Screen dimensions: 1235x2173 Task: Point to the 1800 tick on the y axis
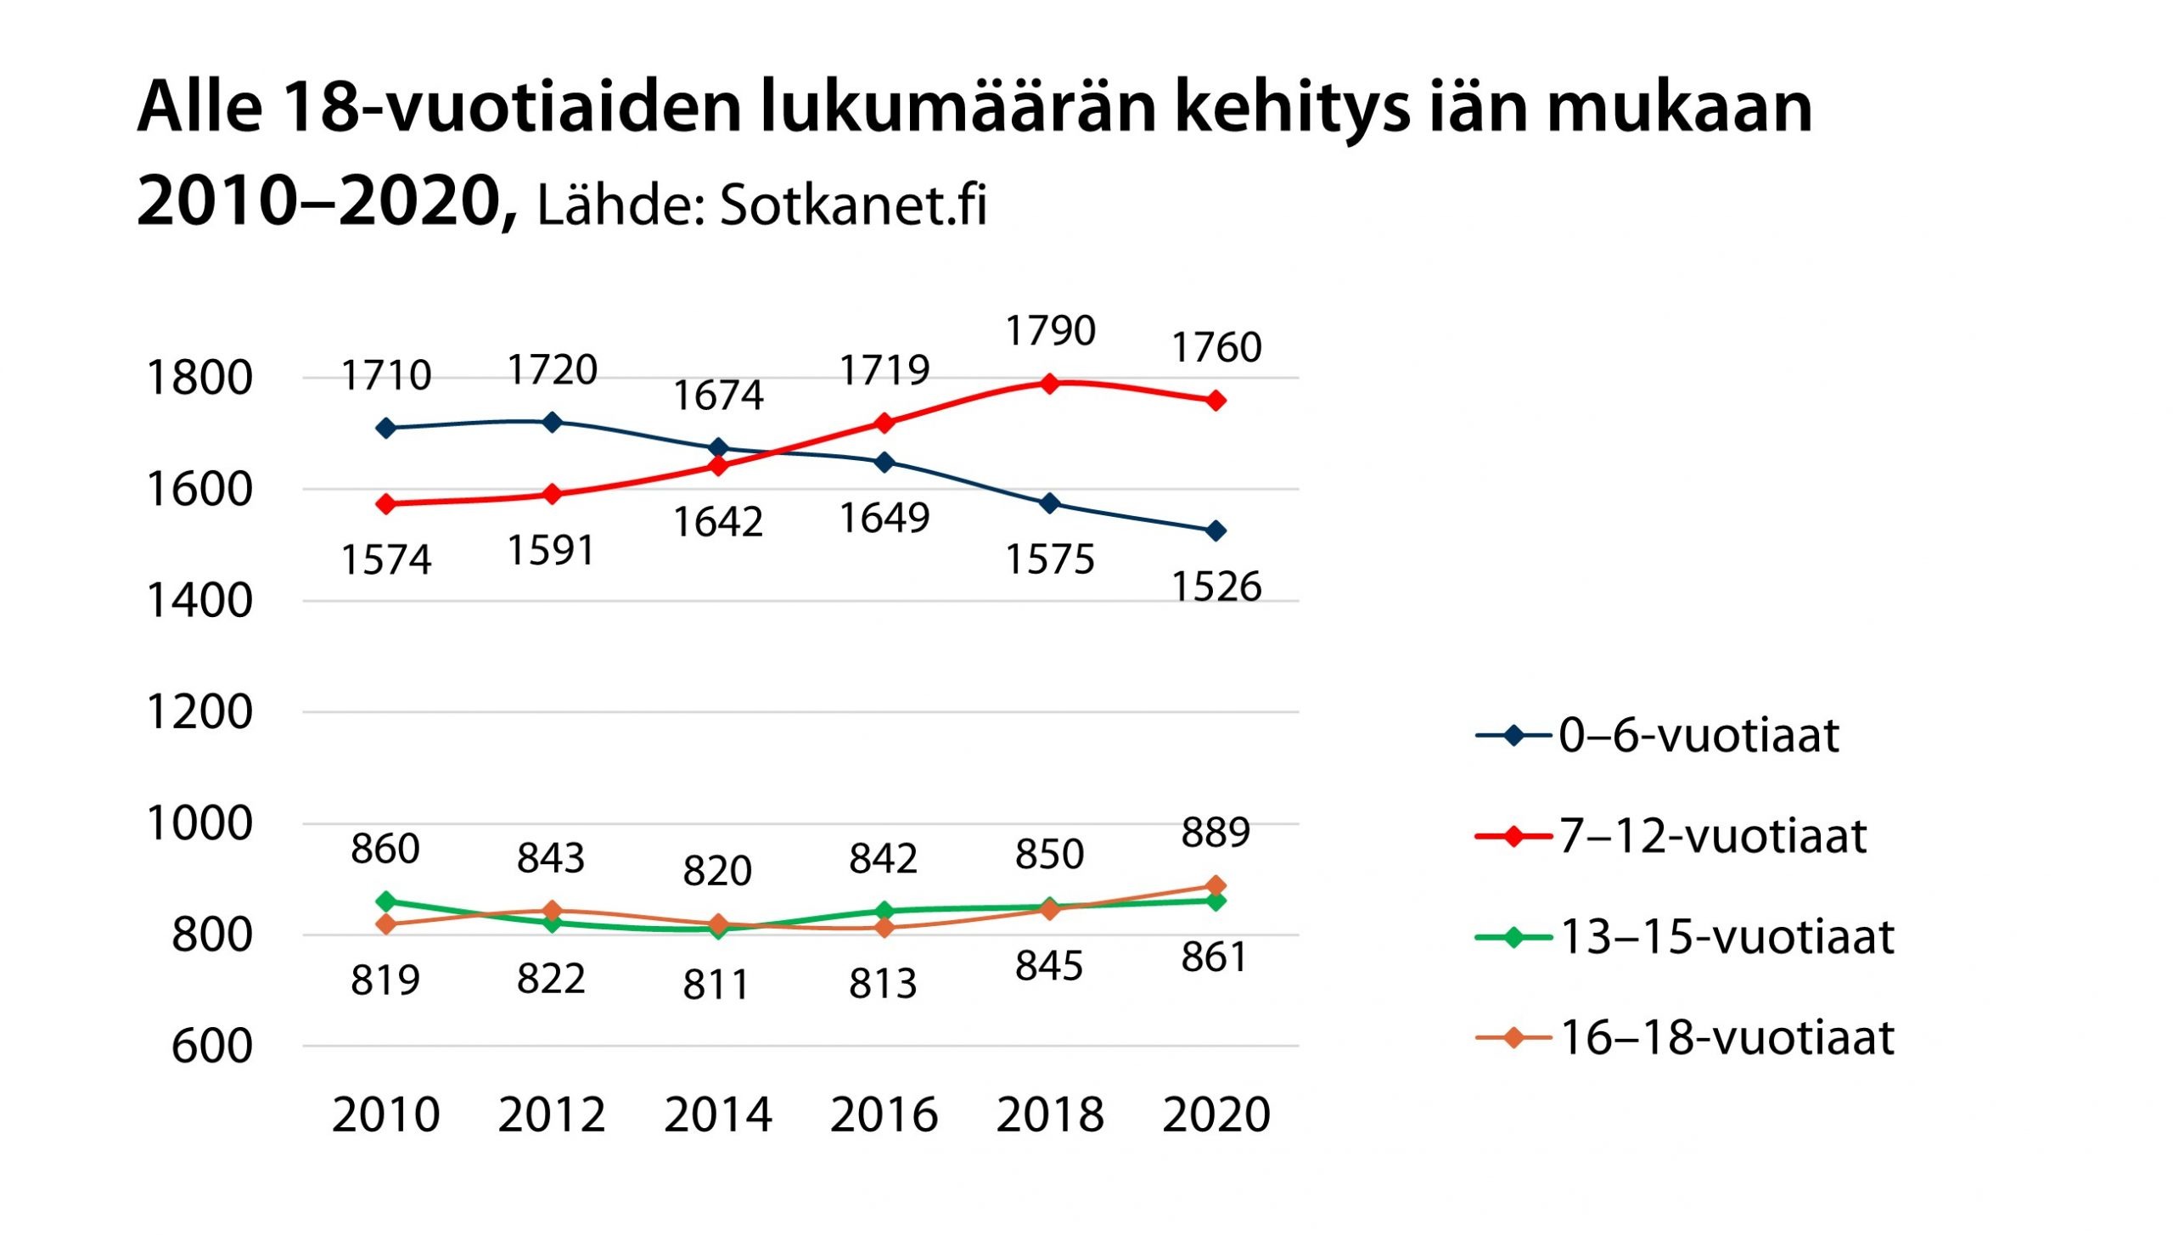[199, 378]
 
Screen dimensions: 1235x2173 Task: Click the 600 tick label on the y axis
[212, 1046]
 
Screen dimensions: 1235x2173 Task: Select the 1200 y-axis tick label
[199, 711]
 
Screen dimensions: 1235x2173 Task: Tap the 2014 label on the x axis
[718, 1114]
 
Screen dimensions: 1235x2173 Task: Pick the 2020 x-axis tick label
[1216, 1114]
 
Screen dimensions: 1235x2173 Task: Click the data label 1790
[1050, 330]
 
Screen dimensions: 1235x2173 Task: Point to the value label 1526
[1216, 587]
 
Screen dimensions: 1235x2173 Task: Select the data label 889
[1216, 832]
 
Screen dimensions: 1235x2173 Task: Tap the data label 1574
[386, 559]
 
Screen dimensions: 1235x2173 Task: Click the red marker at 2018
[1050, 384]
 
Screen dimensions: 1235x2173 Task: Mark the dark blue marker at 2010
[386, 428]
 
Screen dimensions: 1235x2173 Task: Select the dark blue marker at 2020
[1216, 531]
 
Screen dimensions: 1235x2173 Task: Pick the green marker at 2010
[386, 901]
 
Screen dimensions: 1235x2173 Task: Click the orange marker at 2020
[1216, 885]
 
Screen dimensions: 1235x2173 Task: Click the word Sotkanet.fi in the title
[853, 205]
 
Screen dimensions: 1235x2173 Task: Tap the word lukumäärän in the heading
[957, 109]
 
